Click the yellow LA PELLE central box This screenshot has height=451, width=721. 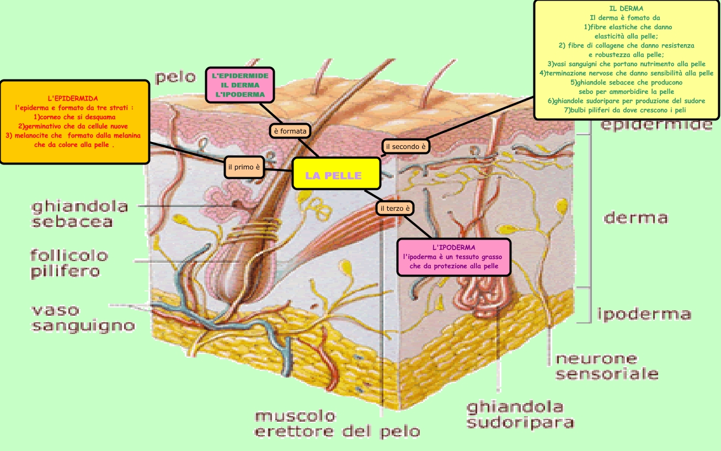click(335, 176)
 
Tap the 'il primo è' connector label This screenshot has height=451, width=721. click(244, 167)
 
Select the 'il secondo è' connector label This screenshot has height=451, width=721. click(405, 146)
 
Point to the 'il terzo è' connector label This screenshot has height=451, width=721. click(394, 209)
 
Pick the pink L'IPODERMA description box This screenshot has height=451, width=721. click(453, 257)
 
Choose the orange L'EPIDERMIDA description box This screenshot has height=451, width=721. click(74, 121)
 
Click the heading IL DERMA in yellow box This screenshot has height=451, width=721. click(626, 9)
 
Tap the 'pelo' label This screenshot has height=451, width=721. click(175, 77)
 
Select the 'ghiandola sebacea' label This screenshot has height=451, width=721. click(79, 214)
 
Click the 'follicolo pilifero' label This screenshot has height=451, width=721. click(68, 263)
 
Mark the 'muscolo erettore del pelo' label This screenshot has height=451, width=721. click(337, 423)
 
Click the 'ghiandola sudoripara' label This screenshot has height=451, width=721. click(520, 415)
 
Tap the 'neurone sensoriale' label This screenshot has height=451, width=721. click(606, 366)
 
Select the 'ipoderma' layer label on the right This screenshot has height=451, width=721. click(644, 314)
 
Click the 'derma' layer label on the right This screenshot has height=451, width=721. click(635, 217)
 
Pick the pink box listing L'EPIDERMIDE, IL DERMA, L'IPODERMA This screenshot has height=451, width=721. click(240, 85)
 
